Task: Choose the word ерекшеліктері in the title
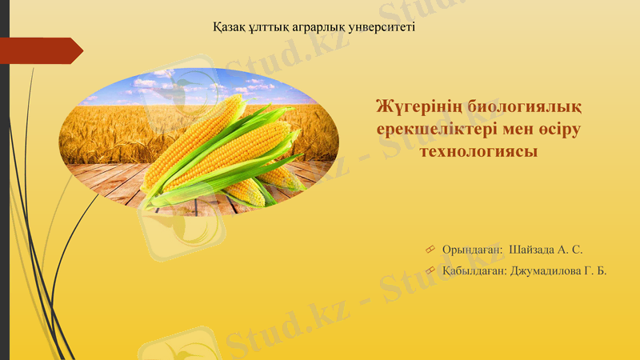pyautogui.click(x=439, y=129)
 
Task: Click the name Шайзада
pyautogui.click(x=536, y=250)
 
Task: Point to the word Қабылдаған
pyautogui.click(x=474, y=271)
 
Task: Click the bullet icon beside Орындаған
pyautogui.click(x=430, y=250)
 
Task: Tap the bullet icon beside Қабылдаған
pyautogui.click(x=430, y=271)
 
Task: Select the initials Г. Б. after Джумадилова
pyautogui.click(x=596, y=271)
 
